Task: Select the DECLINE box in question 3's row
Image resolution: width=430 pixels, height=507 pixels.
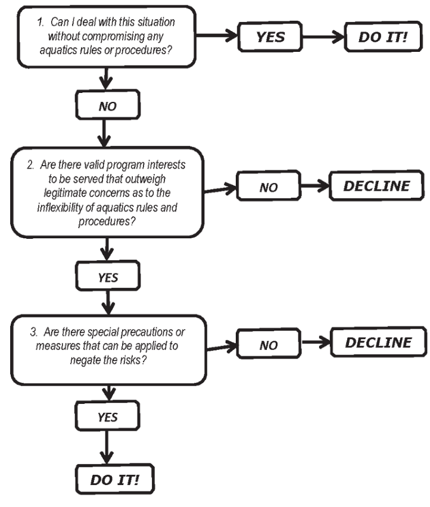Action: (378, 343)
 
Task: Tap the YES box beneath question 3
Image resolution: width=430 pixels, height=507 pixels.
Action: (108, 418)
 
